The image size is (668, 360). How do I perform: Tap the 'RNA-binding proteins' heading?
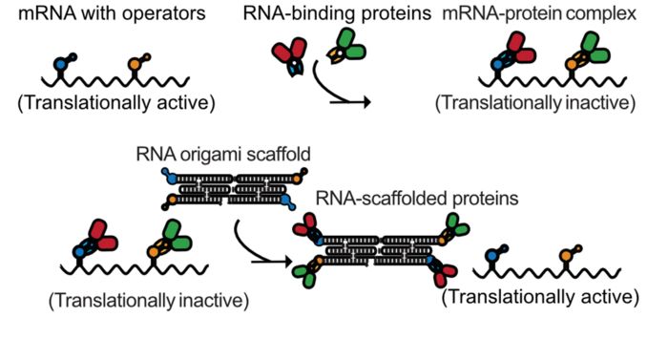[327, 15]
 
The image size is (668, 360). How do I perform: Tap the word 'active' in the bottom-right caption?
[608, 298]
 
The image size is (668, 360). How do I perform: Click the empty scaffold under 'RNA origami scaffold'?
[234, 189]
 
